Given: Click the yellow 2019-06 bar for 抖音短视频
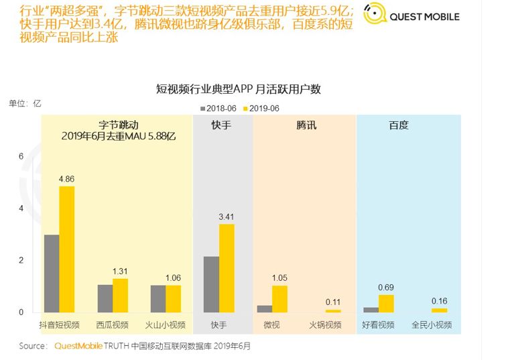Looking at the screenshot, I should (x=67, y=249).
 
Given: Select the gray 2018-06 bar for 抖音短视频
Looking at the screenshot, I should (x=52, y=274).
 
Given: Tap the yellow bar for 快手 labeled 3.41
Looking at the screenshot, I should (x=227, y=268).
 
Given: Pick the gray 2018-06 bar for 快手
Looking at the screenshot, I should (x=212, y=284).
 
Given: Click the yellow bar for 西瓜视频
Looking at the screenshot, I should (x=120, y=296).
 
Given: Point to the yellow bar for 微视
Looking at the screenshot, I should (x=279, y=299).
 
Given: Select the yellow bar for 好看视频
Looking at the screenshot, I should (x=386, y=304).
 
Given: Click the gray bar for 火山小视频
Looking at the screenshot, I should (x=158, y=299).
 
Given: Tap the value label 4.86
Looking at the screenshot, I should (x=67, y=179).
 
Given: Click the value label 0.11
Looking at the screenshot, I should (x=333, y=302).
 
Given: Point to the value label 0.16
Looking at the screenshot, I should (x=440, y=301).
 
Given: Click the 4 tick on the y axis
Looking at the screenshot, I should (x=21, y=208).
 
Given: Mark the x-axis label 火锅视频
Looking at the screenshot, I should (x=326, y=326).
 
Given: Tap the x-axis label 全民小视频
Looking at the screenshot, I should (x=432, y=326).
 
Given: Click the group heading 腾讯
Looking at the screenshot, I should (x=306, y=125).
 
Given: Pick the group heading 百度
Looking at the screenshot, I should (x=399, y=125).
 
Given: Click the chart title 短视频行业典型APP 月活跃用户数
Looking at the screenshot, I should (x=239, y=89).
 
